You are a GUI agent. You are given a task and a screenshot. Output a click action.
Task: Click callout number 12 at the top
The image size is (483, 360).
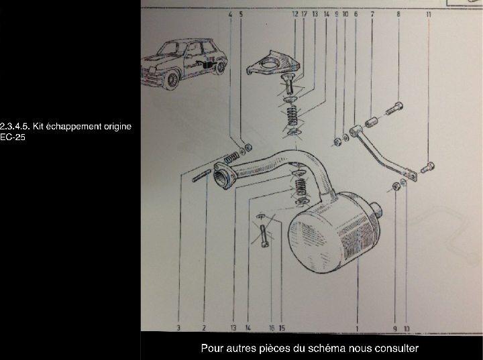[295, 14]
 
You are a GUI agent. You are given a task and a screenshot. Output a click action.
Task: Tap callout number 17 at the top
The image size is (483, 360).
[304, 14]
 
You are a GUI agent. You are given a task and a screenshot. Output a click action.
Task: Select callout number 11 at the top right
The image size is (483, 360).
[429, 14]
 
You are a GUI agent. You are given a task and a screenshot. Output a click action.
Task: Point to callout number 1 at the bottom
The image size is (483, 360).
[357, 328]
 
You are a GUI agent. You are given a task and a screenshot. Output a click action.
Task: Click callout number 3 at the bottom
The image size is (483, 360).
[178, 328]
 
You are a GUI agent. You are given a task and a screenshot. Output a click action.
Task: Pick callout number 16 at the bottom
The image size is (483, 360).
[272, 328]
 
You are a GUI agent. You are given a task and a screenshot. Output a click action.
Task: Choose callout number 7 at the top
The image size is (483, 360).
[372, 14]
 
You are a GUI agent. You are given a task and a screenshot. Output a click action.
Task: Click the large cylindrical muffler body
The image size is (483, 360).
[334, 233]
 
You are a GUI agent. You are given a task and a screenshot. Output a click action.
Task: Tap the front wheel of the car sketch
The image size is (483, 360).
[172, 80]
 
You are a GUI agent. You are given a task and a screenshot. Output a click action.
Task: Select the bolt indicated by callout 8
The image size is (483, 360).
[394, 109]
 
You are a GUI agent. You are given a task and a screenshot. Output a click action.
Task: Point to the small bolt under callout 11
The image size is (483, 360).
[427, 167]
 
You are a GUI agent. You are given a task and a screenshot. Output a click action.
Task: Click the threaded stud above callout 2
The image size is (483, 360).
[202, 176]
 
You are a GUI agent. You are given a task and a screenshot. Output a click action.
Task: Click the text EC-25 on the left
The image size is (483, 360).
[12, 137]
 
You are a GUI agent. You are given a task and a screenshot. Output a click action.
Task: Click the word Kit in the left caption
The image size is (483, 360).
[38, 126]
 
